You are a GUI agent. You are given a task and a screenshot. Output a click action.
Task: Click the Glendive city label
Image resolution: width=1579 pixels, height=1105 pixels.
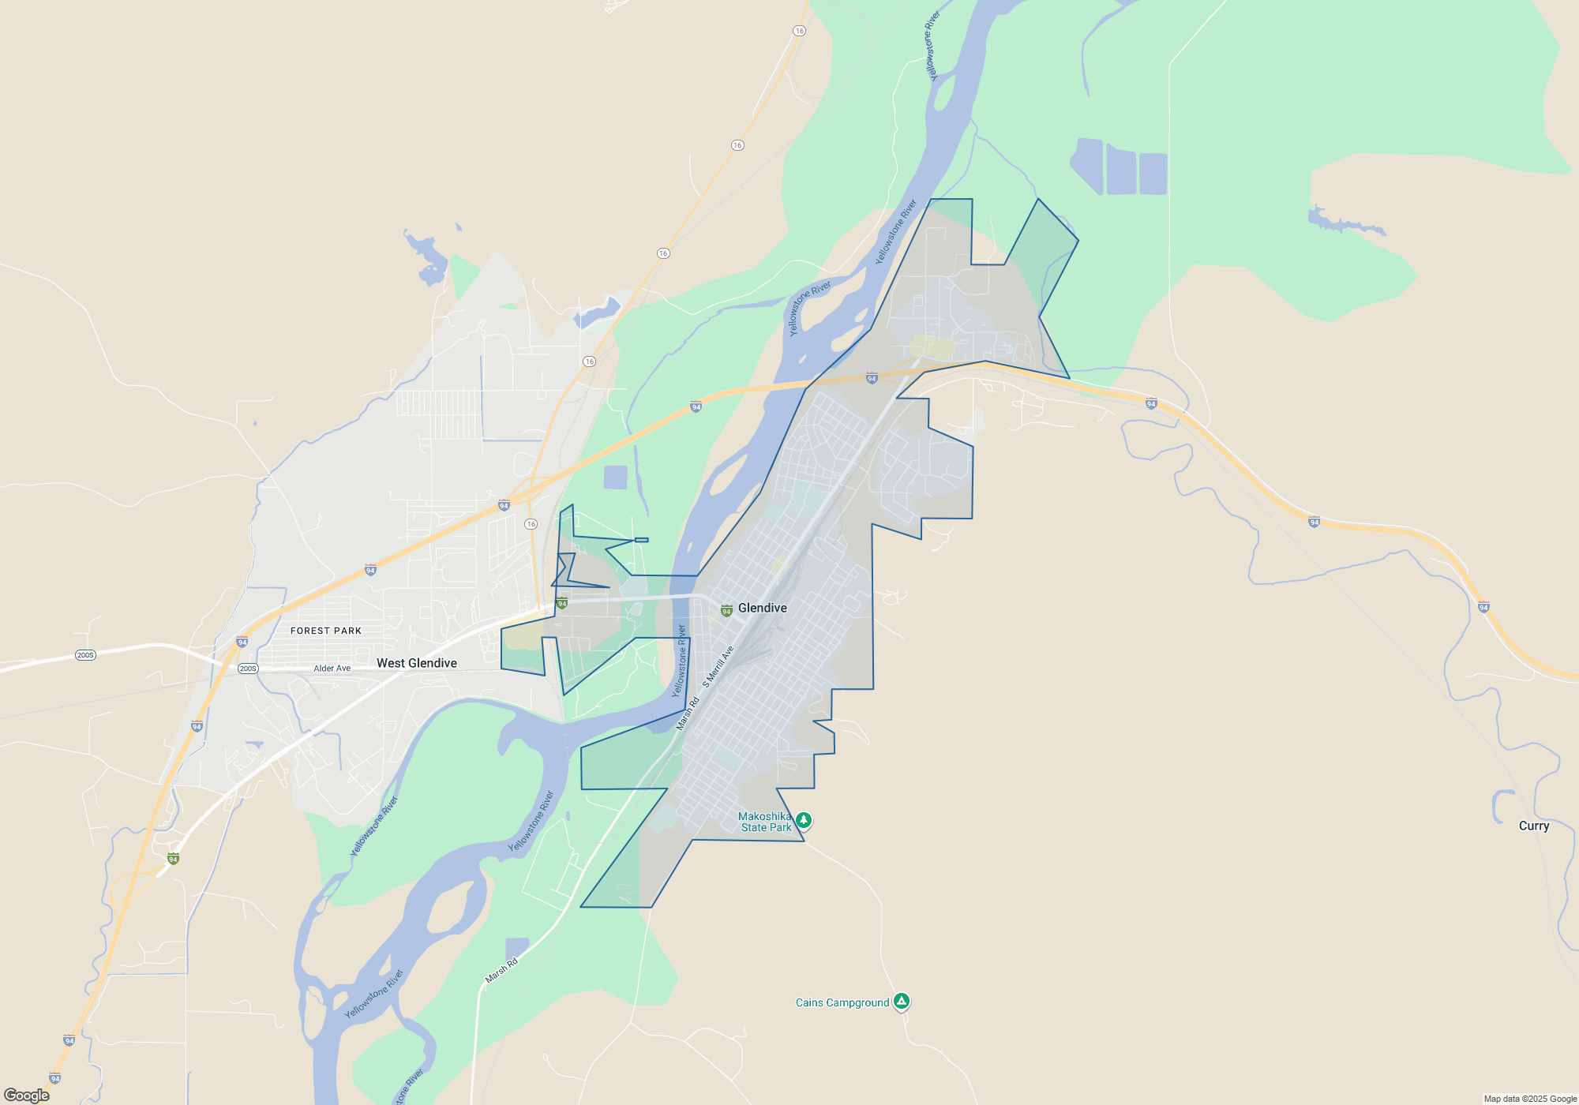point(762,608)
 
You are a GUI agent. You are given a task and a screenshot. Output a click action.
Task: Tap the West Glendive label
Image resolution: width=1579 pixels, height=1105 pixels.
point(416,663)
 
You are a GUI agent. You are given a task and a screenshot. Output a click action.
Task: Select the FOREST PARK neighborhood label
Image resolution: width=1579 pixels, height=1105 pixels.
point(326,631)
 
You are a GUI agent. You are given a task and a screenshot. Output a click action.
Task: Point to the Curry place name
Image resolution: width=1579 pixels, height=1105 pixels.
point(1533,826)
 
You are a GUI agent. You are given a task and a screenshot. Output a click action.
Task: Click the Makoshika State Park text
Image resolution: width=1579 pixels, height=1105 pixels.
point(764,822)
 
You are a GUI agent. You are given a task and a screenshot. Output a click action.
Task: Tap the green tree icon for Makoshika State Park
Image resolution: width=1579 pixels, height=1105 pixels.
point(803,820)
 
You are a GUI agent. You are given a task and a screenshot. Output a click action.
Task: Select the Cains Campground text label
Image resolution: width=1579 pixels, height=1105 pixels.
point(842,1002)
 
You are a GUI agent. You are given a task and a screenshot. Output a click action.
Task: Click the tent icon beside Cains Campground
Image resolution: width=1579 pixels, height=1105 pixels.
point(901,1001)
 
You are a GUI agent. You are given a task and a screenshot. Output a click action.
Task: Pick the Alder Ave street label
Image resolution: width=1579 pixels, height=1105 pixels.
point(332,669)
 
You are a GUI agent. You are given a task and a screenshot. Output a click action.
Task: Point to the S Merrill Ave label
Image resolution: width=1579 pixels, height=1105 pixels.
point(718,666)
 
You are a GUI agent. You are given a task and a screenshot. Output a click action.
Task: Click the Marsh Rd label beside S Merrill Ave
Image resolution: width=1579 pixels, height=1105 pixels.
point(688,713)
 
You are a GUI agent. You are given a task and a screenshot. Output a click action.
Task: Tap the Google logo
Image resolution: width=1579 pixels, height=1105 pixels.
point(27,1095)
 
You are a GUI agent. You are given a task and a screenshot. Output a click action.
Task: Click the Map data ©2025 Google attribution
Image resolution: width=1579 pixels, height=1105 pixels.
point(1529,1099)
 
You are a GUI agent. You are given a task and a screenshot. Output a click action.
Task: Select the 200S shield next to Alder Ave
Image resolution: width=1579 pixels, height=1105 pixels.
point(248,669)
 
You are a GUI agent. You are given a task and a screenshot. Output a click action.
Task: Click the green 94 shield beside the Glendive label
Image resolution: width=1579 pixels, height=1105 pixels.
point(726,611)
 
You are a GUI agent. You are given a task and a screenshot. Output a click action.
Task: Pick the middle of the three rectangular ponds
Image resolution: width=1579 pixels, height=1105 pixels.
point(1121,170)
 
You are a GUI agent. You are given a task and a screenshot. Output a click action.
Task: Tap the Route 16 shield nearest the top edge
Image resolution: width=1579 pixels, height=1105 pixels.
point(800,31)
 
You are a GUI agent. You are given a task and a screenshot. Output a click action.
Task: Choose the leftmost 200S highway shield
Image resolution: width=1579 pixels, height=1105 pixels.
point(85,655)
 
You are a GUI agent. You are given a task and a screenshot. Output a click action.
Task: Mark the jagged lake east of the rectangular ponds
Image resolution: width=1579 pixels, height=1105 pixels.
point(1342,223)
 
